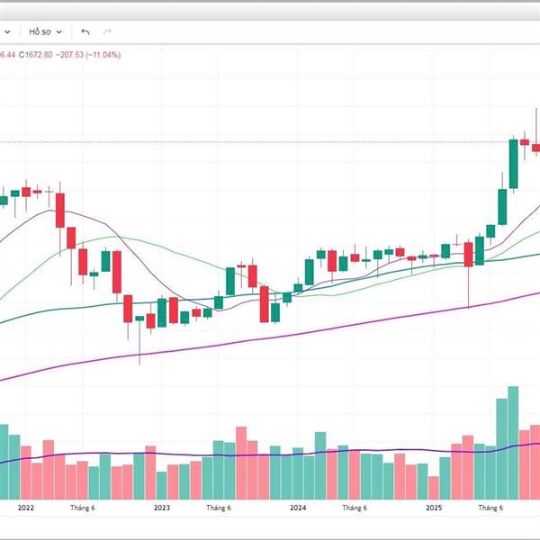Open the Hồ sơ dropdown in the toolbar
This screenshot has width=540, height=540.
pos(46,31)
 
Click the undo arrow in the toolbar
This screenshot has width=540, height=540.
pos(85,31)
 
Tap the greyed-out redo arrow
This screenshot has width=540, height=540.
pos(110,31)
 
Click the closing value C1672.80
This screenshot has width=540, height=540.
pos(36,55)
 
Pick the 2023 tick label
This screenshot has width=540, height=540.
pos(162,508)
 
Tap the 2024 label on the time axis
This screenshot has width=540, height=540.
pos(299,508)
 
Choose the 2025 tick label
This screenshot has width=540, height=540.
pos(435,508)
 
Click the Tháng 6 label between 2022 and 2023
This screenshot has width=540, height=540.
pos(84,508)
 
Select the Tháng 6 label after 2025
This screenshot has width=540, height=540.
pos(490,508)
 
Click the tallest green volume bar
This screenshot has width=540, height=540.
pos(513,441)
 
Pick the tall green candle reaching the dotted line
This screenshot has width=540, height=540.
pos(513,164)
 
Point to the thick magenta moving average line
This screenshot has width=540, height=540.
pos(270,338)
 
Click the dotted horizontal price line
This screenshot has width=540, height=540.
pos(270,141)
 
